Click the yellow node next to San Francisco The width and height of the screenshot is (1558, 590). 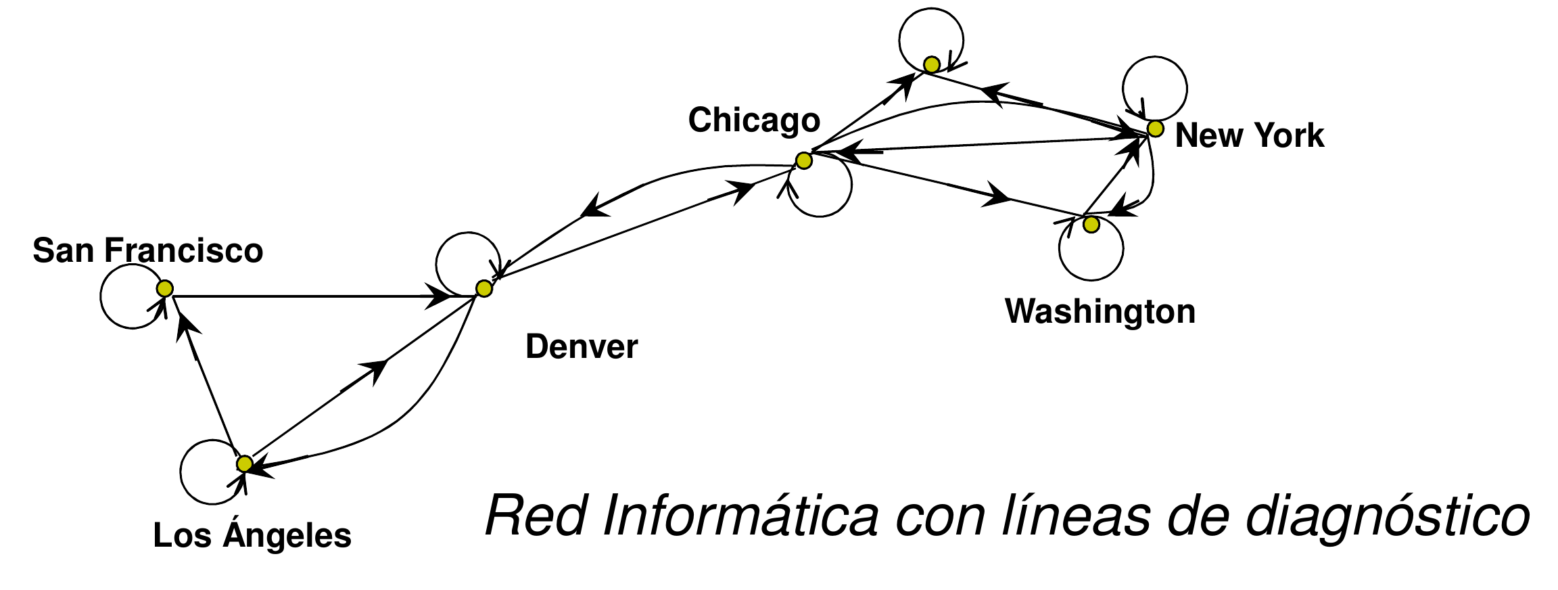click(x=165, y=289)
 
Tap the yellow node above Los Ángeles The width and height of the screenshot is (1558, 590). click(x=245, y=463)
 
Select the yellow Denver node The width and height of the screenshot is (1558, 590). click(x=484, y=289)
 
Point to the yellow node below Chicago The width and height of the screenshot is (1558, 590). click(x=803, y=160)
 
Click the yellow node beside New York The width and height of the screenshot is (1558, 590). click(x=1156, y=129)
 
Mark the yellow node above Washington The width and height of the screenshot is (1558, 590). click(x=1091, y=225)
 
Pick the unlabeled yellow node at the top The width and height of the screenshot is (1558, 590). click(x=932, y=65)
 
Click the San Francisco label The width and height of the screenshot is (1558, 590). click(x=147, y=250)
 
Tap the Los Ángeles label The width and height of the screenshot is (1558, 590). click(x=252, y=535)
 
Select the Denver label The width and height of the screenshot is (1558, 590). click(x=582, y=347)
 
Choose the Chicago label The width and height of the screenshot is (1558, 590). click(x=754, y=120)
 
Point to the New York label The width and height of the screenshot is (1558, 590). click(x=1249, y=135)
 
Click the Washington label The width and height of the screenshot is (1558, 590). click(x=1100, y=311)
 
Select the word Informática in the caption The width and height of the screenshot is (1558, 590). click(x=740, y=516)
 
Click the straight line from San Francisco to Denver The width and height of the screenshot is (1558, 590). click(x=304, y=296)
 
